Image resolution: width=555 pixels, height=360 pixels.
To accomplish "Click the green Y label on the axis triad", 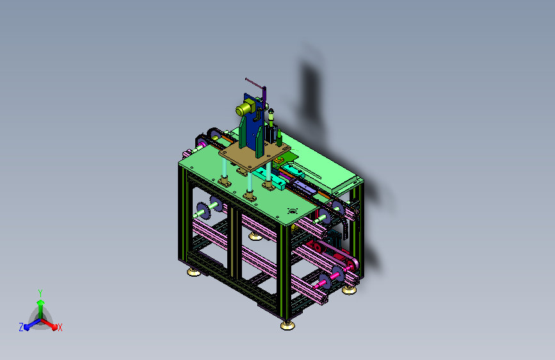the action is (x=40, y=293).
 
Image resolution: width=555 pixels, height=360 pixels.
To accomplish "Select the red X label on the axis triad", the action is (x=60, y=328).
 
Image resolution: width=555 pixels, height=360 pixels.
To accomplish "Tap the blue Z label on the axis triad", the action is (x=21, y=327).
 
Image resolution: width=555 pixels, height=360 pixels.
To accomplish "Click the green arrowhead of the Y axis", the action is (x=41, y=303).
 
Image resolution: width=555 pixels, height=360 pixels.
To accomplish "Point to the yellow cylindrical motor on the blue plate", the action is (x=245, y=108).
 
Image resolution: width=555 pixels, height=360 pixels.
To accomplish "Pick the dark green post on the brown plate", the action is (x=279, y=138).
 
